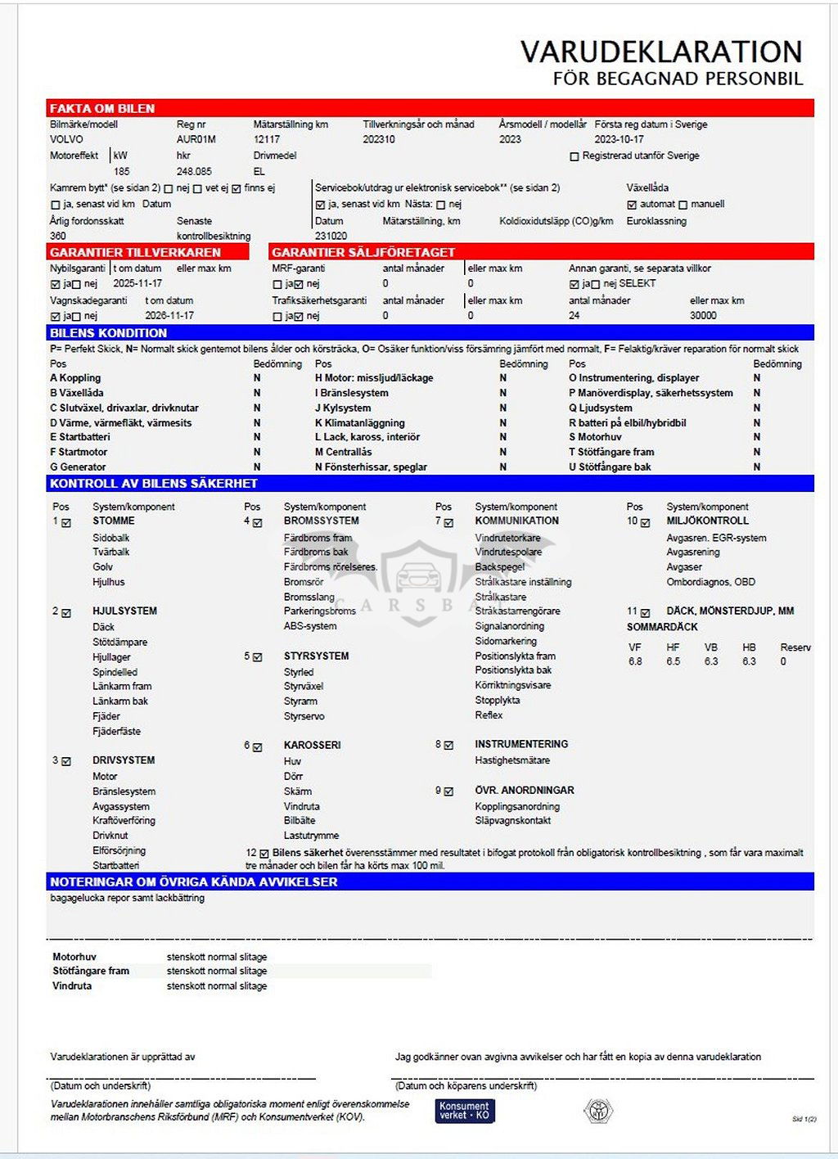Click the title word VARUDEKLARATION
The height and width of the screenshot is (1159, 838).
click(x=661, y=52)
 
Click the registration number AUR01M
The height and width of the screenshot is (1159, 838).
click(x=196, y=139)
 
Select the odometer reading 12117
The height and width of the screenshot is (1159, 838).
click(x=267, y=139)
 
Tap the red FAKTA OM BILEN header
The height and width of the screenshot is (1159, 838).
click(x=102, y=108)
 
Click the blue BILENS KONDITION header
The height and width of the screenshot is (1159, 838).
click(x=108, y=333)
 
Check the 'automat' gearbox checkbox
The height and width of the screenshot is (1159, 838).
click(x=632, y=205)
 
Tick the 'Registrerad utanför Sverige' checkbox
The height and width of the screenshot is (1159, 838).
click(x=574, y=156)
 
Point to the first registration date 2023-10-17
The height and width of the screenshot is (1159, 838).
click(x=619, y=139)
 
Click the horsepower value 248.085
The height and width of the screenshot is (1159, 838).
click(x=194, y=172)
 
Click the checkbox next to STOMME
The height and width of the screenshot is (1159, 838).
click(x=66, y=522)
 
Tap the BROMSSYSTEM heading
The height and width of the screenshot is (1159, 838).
click(x=321, y=521)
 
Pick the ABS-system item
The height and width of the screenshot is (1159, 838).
click(x=310, y=626)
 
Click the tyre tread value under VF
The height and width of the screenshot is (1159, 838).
click(x=635, y=661)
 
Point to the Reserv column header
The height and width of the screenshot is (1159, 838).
click(x=795, y=647)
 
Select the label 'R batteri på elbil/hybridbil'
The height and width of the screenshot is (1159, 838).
click(x=628, y=423)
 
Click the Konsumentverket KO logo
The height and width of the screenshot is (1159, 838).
click(x=465, y=1110)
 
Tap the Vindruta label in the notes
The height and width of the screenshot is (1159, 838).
click(x=72, y=985)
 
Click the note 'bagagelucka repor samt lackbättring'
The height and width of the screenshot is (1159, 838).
click(x=127, y=898)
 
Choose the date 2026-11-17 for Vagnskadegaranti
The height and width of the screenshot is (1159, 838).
click(x=169, y=315)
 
